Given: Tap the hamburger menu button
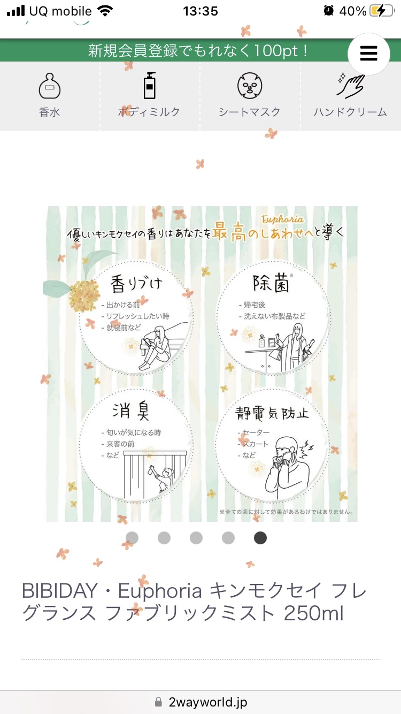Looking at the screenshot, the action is click(x=368, y=54).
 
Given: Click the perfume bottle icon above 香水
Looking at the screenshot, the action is click(x=49, y=86).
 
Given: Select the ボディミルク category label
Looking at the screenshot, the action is click(x=149, y=112).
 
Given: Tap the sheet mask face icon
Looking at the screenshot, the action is click(x=250, y=86).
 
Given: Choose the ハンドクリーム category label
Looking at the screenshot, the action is click(x=350, y=112).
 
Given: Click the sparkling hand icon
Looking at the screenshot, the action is click(x=350, y=85).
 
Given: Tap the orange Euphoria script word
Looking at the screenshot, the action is click(x=282, y=219).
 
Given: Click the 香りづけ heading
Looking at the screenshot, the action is click(x=136, y=284).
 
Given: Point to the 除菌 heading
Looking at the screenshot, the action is click(x=272, y=283).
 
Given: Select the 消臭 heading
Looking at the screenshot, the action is click(x=130, y=411).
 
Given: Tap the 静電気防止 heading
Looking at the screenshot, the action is click(x=272, y=413).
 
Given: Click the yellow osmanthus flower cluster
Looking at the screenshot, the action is click(x=83, y=295).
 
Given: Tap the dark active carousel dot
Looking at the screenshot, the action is click(x=260, y=538).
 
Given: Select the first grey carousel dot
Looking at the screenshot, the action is click(x=132, y=538).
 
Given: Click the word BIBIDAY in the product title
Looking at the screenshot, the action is click(x=59, y=590).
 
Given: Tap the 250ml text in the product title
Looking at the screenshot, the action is click(x=313, y=613).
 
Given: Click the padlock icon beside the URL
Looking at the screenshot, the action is click(x=158, y=702).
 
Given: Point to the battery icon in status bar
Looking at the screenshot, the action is click(x=382, y=11).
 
